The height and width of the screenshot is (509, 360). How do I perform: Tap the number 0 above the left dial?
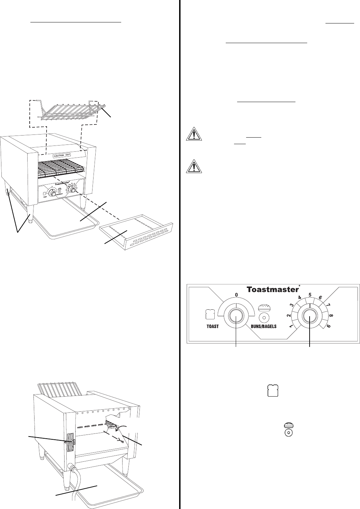236,295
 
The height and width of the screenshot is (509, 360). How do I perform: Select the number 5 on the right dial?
310,295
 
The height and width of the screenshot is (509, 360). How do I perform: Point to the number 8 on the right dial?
331,315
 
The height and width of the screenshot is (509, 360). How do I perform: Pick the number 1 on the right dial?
291,327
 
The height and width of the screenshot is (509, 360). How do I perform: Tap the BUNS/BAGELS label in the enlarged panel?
264,326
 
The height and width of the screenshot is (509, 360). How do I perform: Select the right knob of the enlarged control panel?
310,317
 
